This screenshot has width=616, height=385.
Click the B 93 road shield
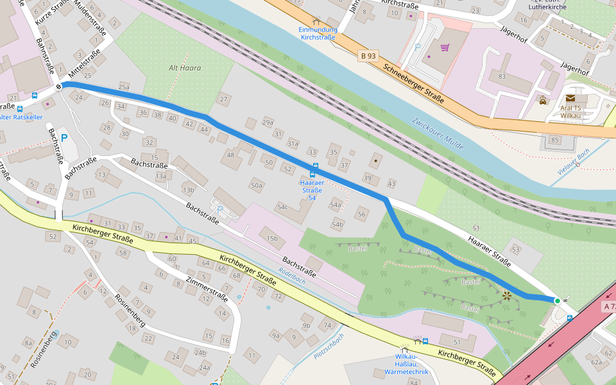pyautogui.click(x=368, y=56)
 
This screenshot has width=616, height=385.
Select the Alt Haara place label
pyautogui.click(x=185, y=67)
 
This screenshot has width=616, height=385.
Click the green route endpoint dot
pyautogui.click(x=557, y=300)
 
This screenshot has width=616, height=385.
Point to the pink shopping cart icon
pyautogui.click(x=444, y=47)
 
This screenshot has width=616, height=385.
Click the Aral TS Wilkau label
pyautogui.click(x=570, y=112)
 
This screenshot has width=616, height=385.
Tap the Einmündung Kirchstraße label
pyautogui.click(x=318, y=33)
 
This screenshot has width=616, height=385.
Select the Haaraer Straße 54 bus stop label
pyautogui.click(x=312, y=190)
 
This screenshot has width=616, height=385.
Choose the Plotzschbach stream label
pyautogui.click(x=329, y=346)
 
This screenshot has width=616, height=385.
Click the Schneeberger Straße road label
pyautogui.click(x=414, y=83)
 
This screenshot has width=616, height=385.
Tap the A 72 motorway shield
pyautogui.click(x=609, y=307)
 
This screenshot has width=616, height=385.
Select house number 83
pyautogui.click(x=502, y=76)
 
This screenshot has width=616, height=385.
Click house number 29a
pyautogui.click(x=268, y=122)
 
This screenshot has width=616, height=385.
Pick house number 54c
pyautogui.click(x=282, y=207)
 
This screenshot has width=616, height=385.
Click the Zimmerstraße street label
pyautogui.click(x=207, y=289)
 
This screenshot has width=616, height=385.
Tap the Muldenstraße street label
pyautogui.click(x=89, y=19)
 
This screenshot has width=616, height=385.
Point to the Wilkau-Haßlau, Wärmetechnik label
pyautogui.click(x=406, y=364)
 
